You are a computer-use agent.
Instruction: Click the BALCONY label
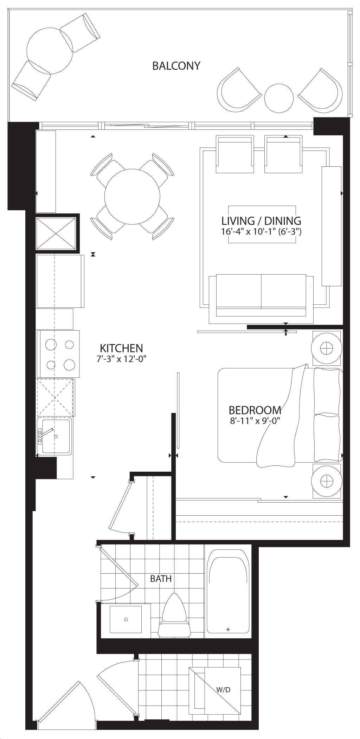click(176, 66)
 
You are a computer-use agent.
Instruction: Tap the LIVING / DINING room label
click(261, 221)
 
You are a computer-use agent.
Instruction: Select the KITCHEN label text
click(121, 348)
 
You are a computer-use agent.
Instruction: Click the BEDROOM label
click(255, 410)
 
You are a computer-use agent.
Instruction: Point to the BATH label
click(161, 578)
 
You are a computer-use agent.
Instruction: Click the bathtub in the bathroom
click(227, 591)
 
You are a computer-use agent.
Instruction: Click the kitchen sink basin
click(54, 436)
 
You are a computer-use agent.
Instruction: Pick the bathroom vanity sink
click(126, 619)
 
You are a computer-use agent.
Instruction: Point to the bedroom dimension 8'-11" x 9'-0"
click(255, 421)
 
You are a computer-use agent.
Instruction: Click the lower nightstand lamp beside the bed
click(327, 480)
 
